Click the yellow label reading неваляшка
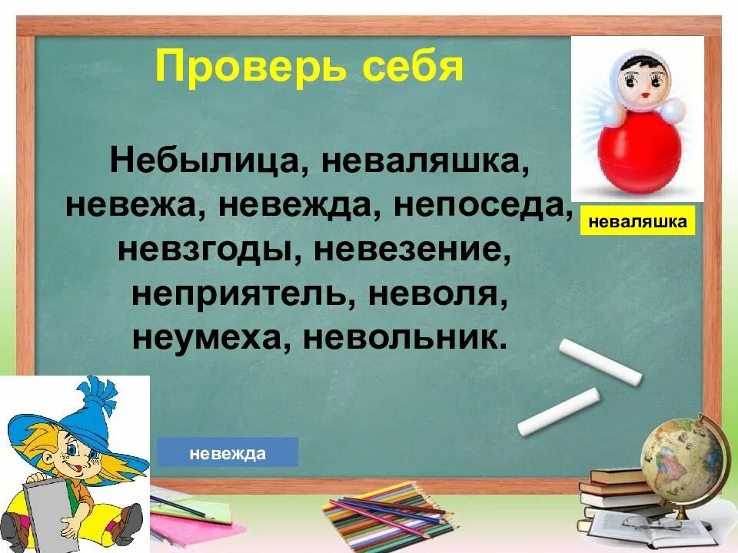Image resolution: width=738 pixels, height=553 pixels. coord(637,222)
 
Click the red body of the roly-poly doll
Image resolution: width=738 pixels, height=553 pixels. coord(640,154)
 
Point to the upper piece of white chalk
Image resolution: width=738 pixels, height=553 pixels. coord(600,361)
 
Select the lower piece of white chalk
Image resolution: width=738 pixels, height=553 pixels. coord(558,412)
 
